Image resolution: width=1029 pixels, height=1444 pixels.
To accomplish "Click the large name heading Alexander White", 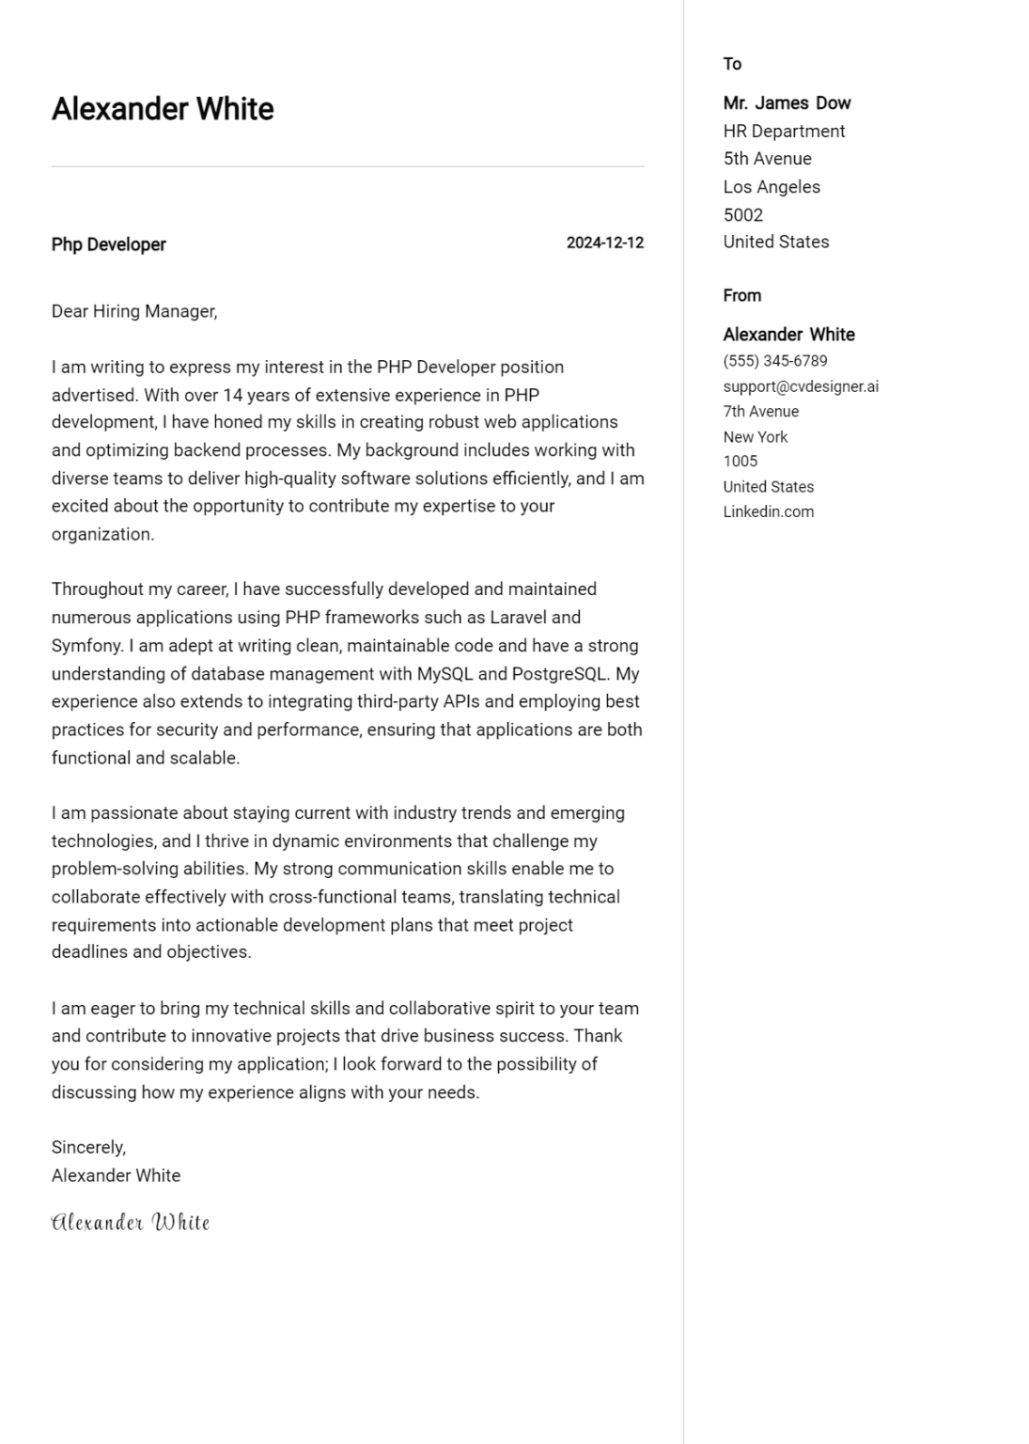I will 163,109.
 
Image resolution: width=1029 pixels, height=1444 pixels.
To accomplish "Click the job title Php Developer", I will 108,244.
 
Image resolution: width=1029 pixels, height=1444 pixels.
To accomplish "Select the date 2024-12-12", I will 604,243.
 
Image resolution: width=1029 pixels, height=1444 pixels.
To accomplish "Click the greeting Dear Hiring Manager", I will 133,311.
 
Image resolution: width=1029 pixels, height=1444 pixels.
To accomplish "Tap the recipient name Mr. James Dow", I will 787,103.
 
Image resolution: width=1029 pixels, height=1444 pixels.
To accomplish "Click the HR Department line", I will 784,131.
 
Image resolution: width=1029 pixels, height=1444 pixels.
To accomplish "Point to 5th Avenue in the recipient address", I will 767,159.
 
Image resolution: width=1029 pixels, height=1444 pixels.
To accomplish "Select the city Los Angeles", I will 772,187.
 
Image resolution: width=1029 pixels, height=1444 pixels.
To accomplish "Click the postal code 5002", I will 742,214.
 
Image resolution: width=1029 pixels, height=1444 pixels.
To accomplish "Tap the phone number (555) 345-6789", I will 775,361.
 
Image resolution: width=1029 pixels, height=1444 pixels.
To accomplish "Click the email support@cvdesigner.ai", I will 801,386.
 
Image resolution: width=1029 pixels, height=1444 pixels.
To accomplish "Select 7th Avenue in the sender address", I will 760,412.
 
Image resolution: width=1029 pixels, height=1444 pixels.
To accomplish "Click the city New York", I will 756,437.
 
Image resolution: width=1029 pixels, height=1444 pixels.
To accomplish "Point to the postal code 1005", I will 740,462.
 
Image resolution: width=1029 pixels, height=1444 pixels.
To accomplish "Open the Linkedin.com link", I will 768,512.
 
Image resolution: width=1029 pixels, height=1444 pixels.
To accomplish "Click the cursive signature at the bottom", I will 131,1222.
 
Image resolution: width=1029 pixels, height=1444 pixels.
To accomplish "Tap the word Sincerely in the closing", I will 87,1147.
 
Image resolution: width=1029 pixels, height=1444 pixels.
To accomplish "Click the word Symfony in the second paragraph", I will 86,646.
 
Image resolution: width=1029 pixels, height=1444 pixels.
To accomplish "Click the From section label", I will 741,295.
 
